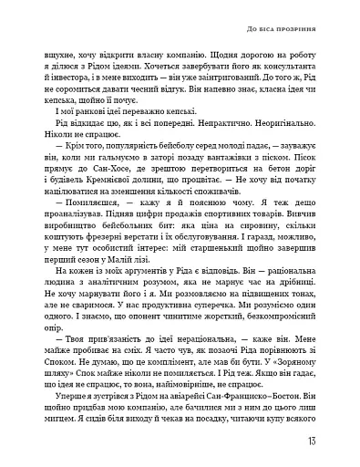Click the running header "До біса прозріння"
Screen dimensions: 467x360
(x=282, y=29)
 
